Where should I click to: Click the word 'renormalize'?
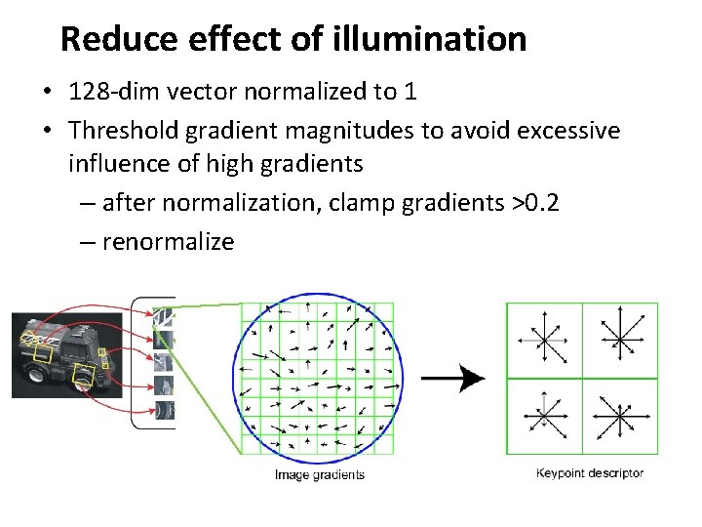click(168, 241)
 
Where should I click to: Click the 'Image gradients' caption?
click(320, 475)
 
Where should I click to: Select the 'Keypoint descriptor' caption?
click(591, 473)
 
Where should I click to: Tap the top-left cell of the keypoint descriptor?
click(544, 340)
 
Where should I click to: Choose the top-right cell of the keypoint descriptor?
click(620, 340)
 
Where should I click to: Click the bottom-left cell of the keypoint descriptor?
click(544, 416)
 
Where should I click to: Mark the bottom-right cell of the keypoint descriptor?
click(620, 416)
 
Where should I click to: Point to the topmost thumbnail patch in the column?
click(164, 317)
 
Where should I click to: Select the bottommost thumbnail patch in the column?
click(164, 411)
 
